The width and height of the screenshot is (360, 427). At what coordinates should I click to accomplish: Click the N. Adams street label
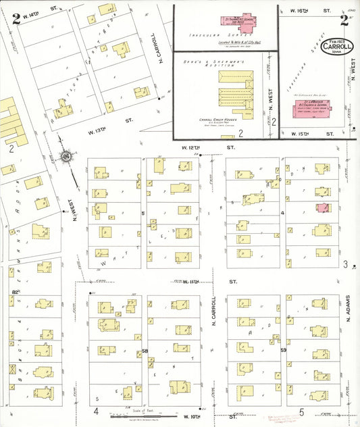pos(349,309)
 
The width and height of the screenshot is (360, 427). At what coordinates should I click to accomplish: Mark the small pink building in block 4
pos(324,209)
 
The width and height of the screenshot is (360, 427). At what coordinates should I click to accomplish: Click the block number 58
pos(145,351)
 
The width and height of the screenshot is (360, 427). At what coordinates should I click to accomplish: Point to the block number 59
pos(284,351)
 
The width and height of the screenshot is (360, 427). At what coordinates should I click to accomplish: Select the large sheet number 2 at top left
pos(16,18)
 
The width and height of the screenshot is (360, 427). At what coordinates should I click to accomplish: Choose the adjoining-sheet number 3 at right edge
pos(345,264)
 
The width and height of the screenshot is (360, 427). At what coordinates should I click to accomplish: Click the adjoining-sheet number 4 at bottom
pos(97,411)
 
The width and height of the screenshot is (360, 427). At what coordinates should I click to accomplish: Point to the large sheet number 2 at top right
pos(344,20)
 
